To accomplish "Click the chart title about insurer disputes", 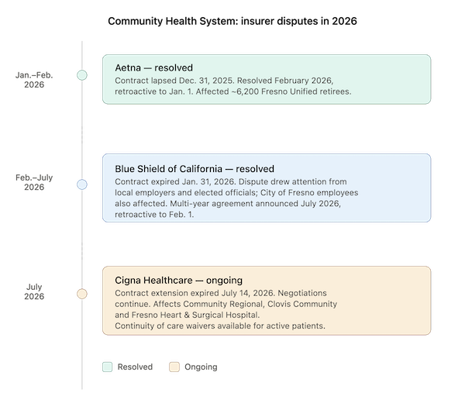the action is point(232,21).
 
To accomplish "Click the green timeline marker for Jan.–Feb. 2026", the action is point(82,75).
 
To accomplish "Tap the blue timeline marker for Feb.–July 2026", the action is point(82,184).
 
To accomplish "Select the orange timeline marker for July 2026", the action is point(82,294).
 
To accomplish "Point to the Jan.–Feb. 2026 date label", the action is point(34,80).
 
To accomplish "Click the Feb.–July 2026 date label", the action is point(34,182).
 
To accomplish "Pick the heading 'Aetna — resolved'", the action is point(154,67).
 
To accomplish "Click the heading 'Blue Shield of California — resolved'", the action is point(195,169).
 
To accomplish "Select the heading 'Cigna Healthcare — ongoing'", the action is point(178,281).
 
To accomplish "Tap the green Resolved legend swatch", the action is point(108,367).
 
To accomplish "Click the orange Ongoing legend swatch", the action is point(174,367).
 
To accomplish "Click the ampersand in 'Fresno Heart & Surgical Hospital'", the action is point(187,315).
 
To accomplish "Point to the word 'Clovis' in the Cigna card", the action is point(278,304).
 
